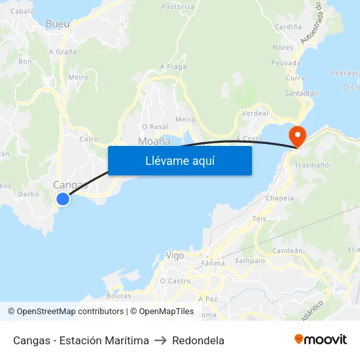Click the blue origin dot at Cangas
pos(63,199)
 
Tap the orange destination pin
pos(297,135)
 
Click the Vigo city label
pos(175,256)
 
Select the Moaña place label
pos(154,141)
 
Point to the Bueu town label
pos(58,24)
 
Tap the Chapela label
pos(279,198)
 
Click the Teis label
pos(259,219)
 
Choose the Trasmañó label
pos(311,166)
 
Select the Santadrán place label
pos(301,94)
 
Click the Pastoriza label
pos(178,7)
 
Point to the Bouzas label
pos(118,295)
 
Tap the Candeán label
pos(287,251)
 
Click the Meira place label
pos(185,119)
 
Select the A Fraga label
pos(173,67)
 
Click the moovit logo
pos(321,340)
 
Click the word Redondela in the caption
pos(198,340)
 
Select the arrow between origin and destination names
pos(160,340)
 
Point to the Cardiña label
pos(288,27)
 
